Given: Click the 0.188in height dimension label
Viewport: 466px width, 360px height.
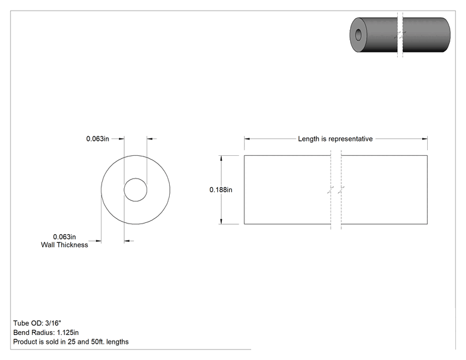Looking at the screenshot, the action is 221,190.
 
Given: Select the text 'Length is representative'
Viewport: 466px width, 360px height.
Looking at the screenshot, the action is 335,139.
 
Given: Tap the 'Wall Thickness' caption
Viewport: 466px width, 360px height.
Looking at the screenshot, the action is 65,245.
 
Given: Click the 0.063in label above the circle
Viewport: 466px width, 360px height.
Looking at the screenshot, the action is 98,139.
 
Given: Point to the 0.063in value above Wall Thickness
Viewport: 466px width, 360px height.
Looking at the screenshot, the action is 65,237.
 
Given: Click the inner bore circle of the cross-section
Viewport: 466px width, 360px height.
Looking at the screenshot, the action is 135,178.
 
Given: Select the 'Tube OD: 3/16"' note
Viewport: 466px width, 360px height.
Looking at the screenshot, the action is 37,323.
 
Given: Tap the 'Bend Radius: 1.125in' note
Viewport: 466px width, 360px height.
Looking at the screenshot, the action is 46,332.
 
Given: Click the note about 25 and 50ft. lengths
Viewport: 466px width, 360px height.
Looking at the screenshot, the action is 71,342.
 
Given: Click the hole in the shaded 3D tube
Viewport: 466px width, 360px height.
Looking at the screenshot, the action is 358,34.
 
